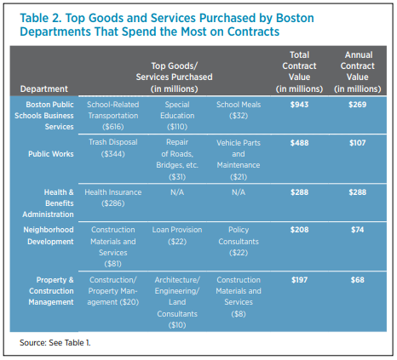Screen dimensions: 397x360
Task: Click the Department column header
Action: (44, 89)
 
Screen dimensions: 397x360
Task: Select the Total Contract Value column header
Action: (299, 71)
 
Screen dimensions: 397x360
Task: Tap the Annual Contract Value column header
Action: (358, 71)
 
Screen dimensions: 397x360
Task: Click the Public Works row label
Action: (51, 154)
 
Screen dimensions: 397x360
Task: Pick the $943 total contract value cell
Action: (299, 105)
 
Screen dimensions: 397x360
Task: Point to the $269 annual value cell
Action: (358, 105)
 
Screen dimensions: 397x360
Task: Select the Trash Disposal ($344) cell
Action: (113, 148)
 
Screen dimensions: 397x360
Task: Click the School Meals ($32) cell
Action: (239, 110)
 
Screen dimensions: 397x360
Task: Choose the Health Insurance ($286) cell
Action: (113, 197)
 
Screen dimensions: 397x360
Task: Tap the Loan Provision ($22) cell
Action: (177, 236)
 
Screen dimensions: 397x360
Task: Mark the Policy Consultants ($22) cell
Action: (239, 241)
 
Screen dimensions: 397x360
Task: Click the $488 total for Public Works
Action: (299, 143)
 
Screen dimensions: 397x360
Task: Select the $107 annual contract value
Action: (358, 143)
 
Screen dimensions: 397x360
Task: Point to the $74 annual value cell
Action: (358, 230)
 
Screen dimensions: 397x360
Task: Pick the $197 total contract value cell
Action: (299, 280)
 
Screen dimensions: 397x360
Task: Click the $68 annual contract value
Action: (358, 280)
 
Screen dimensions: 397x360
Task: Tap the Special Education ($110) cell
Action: (177, 116)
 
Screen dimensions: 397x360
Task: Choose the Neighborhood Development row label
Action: (49, 236)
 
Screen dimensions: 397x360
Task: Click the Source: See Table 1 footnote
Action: (55, 343)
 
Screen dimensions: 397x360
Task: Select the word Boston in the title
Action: (295, 18)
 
